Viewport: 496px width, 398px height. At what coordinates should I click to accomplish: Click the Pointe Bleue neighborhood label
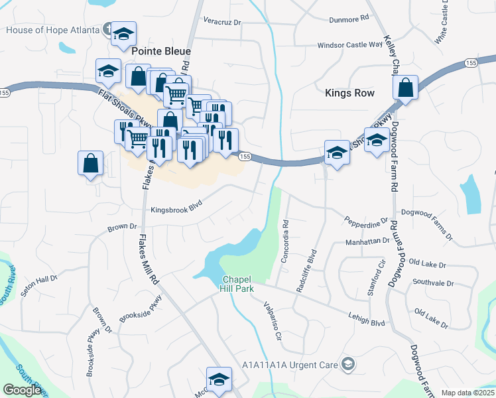161,51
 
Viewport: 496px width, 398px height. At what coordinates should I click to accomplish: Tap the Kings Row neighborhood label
350,94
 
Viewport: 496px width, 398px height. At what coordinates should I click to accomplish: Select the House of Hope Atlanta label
52,30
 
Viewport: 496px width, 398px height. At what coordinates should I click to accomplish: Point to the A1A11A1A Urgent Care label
291,364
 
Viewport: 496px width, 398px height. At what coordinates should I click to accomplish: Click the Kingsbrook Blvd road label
176,208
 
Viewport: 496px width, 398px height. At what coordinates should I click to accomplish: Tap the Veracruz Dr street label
222,22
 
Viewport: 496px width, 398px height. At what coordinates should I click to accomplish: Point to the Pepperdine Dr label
365,219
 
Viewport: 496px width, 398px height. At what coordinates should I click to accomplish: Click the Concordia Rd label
286,240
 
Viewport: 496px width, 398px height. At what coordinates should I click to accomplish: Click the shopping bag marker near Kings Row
405,87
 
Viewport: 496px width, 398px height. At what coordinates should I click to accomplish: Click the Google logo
23,390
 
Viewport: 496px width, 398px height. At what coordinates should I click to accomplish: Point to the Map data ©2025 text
467,393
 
